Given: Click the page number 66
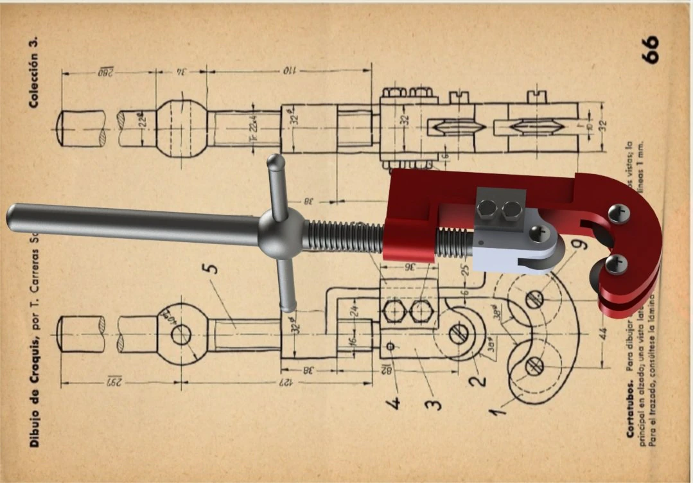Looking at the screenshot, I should pos(649,49).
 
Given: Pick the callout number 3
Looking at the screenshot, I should pos(435,403).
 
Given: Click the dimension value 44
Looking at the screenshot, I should pos(602,333).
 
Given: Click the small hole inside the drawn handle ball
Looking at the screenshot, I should pos(182,334).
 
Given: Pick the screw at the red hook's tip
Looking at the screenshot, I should pos(617,263).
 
